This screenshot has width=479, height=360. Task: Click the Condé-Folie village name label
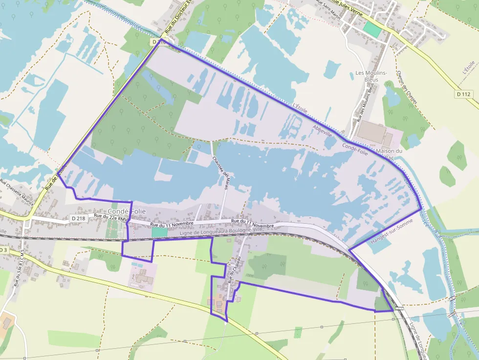127,211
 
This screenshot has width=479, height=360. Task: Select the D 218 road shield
78,218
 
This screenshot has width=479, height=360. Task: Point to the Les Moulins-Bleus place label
371,76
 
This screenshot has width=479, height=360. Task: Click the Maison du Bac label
389,154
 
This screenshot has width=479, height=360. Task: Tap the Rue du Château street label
235,270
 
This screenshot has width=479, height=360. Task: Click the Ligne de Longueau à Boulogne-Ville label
221,232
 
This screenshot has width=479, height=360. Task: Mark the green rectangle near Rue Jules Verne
372,29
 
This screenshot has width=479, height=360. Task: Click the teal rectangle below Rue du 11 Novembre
159,232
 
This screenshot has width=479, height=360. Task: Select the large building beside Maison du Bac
374,133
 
